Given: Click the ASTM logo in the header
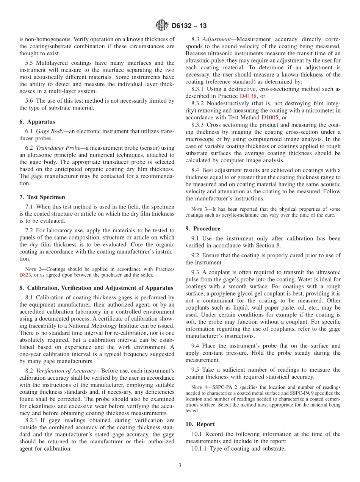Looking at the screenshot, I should (x=162, y=26).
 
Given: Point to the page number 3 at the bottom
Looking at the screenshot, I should (x=180, y=465).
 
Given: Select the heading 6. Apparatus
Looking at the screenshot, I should (x=37, y=122).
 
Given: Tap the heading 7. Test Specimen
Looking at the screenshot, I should (x=42, y=197).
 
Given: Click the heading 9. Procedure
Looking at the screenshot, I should (x=203, y=228).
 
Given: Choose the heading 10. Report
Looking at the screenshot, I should (x=200, y=424).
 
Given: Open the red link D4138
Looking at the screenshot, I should (x=248, y=96).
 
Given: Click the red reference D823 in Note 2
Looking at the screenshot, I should (x=25, y=275).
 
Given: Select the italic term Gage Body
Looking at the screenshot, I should (x=49, y=131).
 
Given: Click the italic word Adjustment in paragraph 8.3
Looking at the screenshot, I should (x=217, y=39).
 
